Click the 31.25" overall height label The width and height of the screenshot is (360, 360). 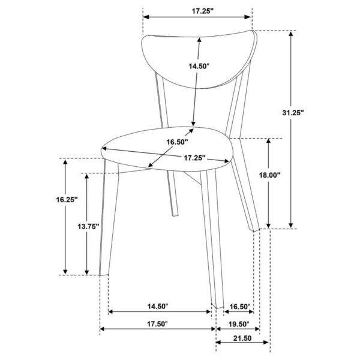[x=293, y=113]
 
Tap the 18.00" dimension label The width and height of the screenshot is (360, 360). [x=270, y=175]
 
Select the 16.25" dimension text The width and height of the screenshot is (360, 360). [x=67, y=200]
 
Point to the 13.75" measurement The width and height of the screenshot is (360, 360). [x=88, y=226]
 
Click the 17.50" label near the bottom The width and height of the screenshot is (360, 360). [x=157, y=324]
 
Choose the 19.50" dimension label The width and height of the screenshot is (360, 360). [x=239, y=324]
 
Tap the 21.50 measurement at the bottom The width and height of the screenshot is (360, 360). [x=242, y=338]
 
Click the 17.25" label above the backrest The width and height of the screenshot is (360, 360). [x=203, y=11]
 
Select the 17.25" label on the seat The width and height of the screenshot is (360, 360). [x=194, y=158]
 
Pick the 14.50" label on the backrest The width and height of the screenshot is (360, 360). [x=199, y=66]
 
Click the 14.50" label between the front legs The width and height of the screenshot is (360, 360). [x=158, y=306]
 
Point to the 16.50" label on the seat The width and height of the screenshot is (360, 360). [x=177, y=142]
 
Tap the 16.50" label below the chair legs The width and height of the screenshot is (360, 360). [x=240, y=307]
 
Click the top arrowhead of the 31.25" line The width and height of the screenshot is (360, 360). [x=291, y=34]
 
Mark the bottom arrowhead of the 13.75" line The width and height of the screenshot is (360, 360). [x=87, y=272]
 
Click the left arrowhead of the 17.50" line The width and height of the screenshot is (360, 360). [x=103, y=329]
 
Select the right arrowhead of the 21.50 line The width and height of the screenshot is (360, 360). [x=266, y=343]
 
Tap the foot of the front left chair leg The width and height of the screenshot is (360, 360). [x=104, y=274]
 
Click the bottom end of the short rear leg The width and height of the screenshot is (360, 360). [x=175, y=215]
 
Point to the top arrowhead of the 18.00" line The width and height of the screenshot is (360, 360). [x=268, y=141]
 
